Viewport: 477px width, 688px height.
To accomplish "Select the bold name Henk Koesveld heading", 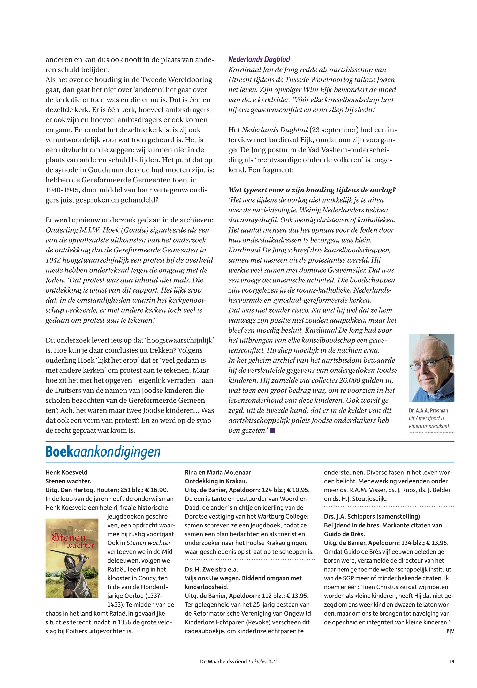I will [x=66, y=473].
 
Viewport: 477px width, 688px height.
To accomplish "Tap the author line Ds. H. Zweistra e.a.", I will [x=213, y=569].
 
